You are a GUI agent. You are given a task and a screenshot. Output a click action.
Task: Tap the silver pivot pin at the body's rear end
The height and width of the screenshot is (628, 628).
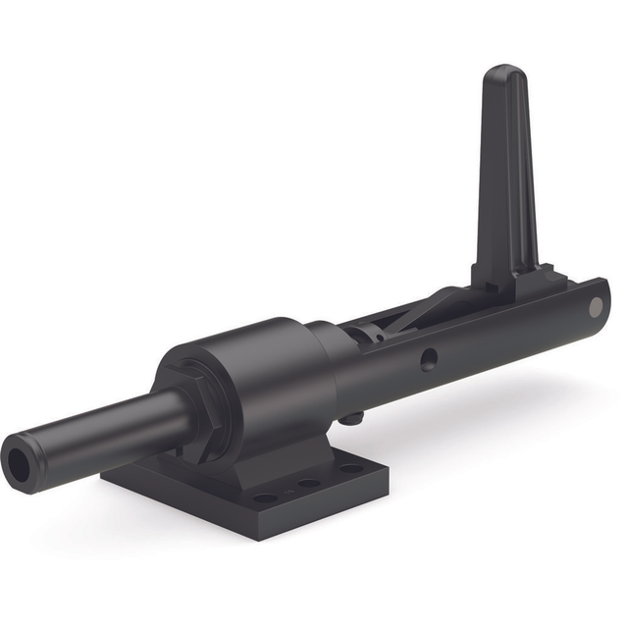click(596, 307)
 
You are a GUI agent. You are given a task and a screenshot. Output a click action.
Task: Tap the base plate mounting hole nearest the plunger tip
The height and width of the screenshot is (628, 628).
click(265, 497)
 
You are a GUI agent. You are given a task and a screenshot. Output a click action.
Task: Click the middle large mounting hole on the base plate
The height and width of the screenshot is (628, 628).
click(309, 483)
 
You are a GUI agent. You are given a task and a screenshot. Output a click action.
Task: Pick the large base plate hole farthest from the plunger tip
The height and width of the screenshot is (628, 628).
click(350, 468)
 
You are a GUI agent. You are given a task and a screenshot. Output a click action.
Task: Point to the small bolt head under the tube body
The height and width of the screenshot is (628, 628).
click(347, 419)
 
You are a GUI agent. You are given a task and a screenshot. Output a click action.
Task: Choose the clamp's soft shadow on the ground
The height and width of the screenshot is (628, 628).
click(471, 412)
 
